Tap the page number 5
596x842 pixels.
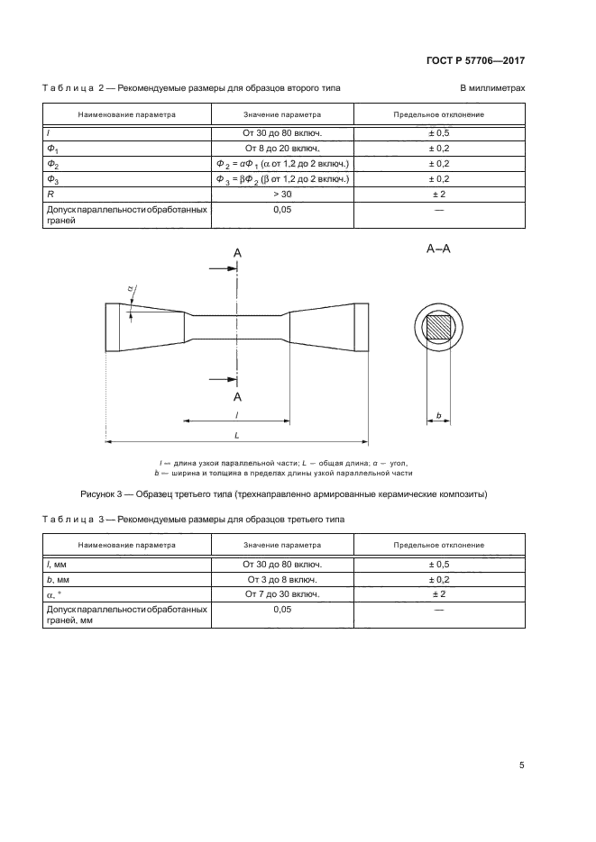[x=522, y=765]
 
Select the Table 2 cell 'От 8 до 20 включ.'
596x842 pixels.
[x=282, y=148]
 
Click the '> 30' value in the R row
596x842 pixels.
[x=282, y=194]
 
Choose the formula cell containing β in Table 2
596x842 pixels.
[x=282, y=178]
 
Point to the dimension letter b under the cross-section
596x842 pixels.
[x=438, y=415]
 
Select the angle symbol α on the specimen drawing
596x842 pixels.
[x=130, y=288]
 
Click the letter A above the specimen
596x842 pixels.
[x=238, y=255]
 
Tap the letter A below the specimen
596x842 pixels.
[x=238, y=396]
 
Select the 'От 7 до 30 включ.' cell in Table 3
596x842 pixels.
[x=282, y=594]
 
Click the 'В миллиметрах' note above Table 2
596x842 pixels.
[x=492, y=87]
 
